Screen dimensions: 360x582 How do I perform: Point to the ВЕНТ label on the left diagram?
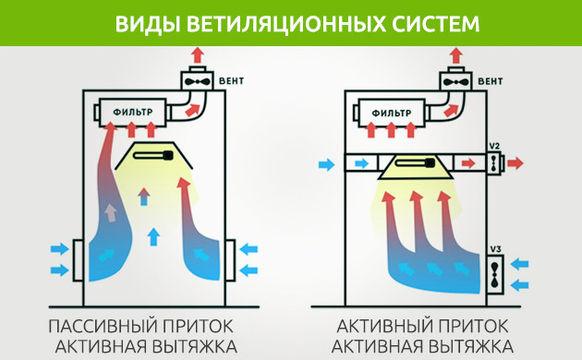[232, 80]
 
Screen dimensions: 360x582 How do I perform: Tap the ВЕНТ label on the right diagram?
[491, 80]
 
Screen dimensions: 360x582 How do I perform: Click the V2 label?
[495, 147]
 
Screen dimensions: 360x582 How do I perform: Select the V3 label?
[495, 249]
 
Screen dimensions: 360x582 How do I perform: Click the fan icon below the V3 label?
[495, 273]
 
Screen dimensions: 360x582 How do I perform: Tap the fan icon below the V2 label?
[495, 163]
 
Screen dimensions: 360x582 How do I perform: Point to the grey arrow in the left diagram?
[110, 212]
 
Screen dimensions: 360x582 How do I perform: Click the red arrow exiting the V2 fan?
[515, 163]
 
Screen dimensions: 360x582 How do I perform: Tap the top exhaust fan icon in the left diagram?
[198, 80]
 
